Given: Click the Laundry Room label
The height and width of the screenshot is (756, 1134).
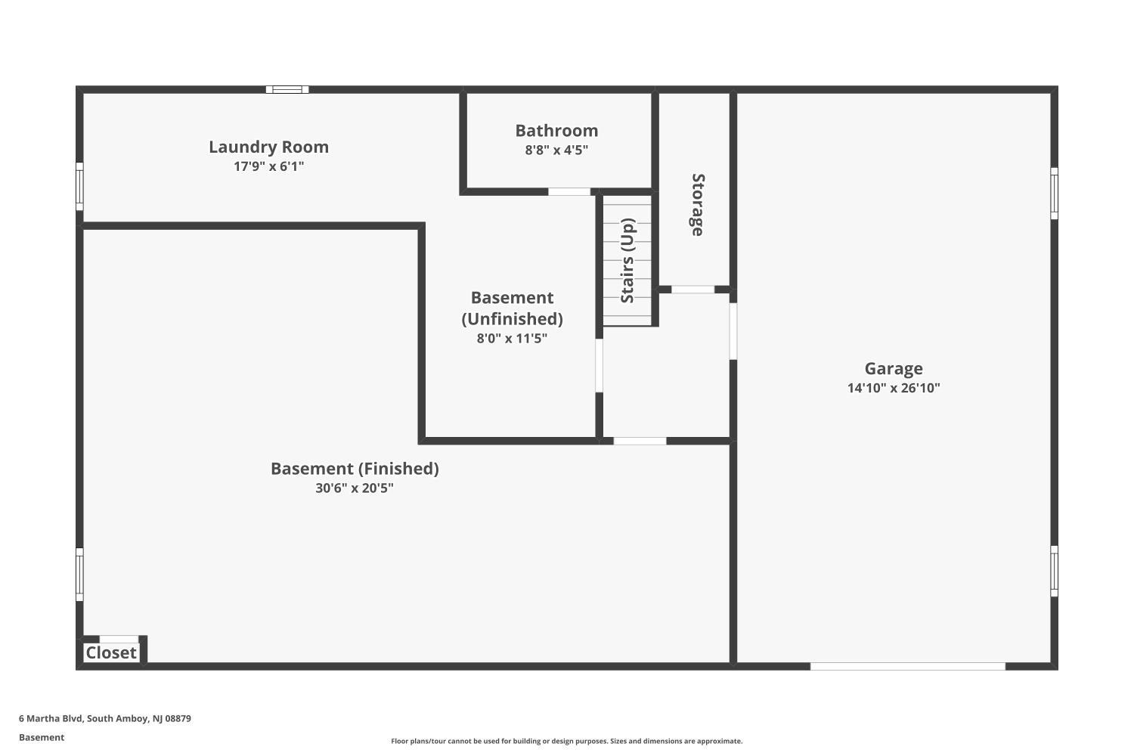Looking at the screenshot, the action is click(269, 147).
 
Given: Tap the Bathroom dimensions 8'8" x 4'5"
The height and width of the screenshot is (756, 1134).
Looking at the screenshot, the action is click(556, 150).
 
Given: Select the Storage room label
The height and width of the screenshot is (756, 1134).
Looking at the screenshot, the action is click(698, 205).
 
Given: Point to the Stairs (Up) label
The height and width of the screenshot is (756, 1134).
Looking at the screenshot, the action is click(627, 260).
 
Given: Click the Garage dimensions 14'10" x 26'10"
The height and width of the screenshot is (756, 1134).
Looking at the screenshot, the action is click(894, 388).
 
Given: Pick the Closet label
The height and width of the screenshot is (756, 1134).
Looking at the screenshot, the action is click(111, 652).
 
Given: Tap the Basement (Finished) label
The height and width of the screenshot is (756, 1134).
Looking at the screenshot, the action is click(355, 469).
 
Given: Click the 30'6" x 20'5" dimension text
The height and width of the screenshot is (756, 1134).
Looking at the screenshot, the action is click(355, 488).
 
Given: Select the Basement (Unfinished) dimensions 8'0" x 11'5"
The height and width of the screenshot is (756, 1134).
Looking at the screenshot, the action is click(512, 338).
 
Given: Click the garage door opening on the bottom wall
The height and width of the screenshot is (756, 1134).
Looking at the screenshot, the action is click(908, 666).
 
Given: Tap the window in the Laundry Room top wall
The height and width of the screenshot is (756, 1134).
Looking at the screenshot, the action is click(287, 90).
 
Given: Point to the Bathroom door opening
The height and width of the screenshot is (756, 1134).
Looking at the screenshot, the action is click(569, 191).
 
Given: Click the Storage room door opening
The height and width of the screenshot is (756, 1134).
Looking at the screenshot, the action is click(692, 290).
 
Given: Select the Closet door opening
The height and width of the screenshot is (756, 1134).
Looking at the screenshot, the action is click(119, 639).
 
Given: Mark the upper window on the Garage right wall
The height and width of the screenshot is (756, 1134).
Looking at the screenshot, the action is click(1054, 194).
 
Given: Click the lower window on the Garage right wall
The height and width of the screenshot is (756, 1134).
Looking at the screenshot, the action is click(1054, 572).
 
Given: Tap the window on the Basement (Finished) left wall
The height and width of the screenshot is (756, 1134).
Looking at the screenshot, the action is click(79, 575).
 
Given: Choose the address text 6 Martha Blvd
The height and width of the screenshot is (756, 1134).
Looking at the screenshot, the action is click(51, 718).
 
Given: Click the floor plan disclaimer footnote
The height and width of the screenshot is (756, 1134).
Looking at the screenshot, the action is click(566, 741).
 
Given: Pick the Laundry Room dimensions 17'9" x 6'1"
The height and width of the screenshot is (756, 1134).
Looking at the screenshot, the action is click(269, 166).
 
